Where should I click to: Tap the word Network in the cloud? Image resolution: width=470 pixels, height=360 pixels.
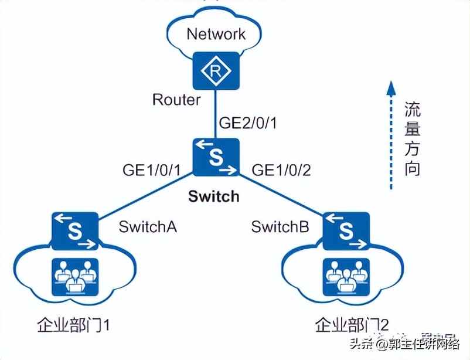216,33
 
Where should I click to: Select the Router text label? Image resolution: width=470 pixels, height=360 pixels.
176,100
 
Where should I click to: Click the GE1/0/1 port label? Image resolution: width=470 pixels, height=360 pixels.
151,170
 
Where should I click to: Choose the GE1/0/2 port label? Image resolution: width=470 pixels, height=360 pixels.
281,170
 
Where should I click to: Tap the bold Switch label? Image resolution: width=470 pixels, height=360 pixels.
214,196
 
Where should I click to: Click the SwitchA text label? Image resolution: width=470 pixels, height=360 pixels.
148,227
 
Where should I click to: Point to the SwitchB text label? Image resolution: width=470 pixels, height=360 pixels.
280,227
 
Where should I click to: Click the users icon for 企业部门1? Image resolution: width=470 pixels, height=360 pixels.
74,276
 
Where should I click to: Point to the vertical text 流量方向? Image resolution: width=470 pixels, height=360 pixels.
413,140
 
